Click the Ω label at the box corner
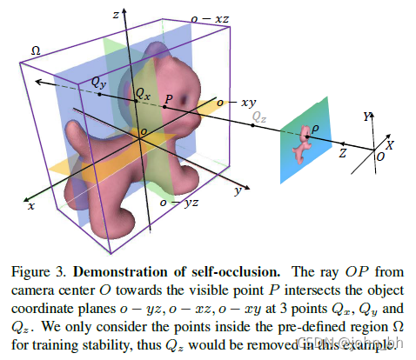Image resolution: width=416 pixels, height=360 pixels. [x=36, y=51]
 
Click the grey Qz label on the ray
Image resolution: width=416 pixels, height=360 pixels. [x=258, y=115]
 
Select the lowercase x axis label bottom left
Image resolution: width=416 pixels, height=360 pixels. [x=31, y=208]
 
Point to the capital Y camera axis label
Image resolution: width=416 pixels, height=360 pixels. [x=366, y=115]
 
